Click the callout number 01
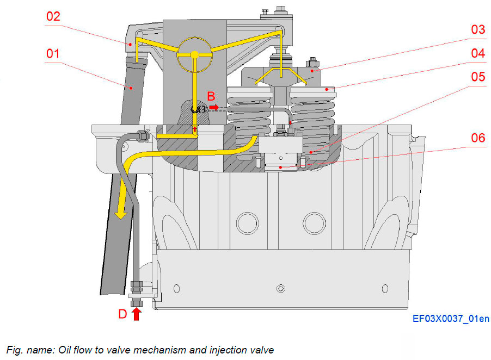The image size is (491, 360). (x=52, y=54)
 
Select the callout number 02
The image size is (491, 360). (x=52, y=16)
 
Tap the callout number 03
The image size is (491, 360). (x=477, y=29)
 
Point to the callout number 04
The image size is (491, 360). (x=477, y=53)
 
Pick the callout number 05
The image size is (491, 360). (x=477, y=77)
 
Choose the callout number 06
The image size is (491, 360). (x=477, y=138)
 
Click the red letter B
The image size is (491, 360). (x=211, y=97)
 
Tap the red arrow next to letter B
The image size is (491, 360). (x=214, y=108)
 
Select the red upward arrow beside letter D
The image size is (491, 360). (x=136, y=314)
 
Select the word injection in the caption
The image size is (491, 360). (x=214, y=350)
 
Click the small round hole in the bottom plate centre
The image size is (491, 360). (x=280, y=288)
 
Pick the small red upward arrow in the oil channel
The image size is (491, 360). (x=195, y=129)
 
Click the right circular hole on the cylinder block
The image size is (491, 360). (x=314, y=222)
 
